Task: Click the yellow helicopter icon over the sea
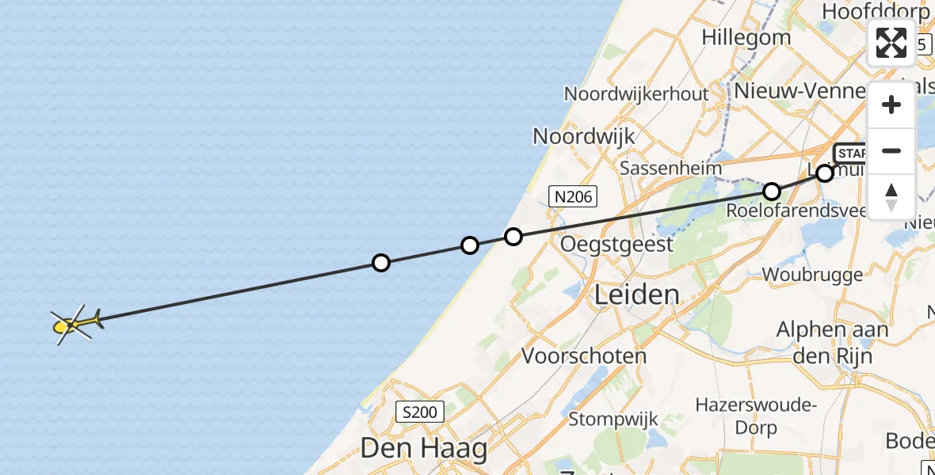(x=75, y=324)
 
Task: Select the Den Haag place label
(x=424, y=449)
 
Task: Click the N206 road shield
(x=573, y=196)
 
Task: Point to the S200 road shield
(x=420, y=412)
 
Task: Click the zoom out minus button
(x=891, y=150)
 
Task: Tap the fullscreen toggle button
(x=891, y=43)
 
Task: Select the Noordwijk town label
(x=584, y=136)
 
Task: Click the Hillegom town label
(x=746, y=37)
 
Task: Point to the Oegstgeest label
(x=616, y=244)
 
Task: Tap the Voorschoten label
(x=584, y=355)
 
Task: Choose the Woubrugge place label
(x=812, y=275)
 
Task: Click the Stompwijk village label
(x=609, y=419)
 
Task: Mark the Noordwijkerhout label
(x=636, y=93)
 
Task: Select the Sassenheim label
(x=671, y=168)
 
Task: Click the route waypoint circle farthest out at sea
(x=381, y=263)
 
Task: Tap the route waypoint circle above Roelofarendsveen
(x=772, y=191)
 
